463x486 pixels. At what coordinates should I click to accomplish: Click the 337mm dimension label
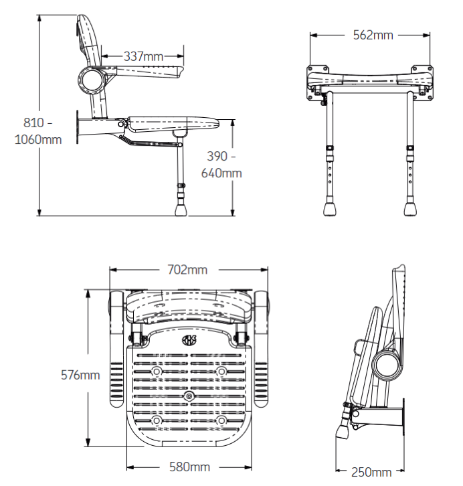click(143, 57)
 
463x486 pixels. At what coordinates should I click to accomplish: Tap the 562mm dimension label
click(373, 35)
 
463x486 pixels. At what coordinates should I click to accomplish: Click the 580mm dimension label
click(189, 466)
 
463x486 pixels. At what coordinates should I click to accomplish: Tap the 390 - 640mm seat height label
click(221, 165)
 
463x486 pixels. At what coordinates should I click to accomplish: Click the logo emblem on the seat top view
click(189, 341)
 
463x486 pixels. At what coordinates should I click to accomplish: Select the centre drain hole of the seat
click(189, 397)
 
